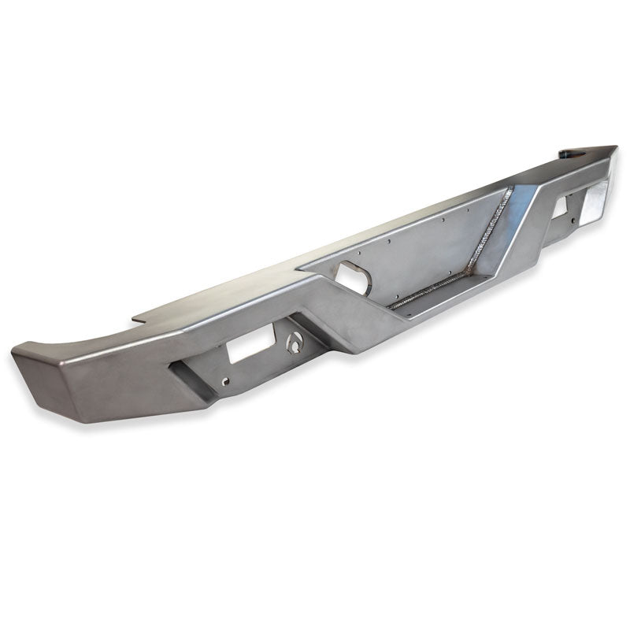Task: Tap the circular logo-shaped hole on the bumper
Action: [295, 343]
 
